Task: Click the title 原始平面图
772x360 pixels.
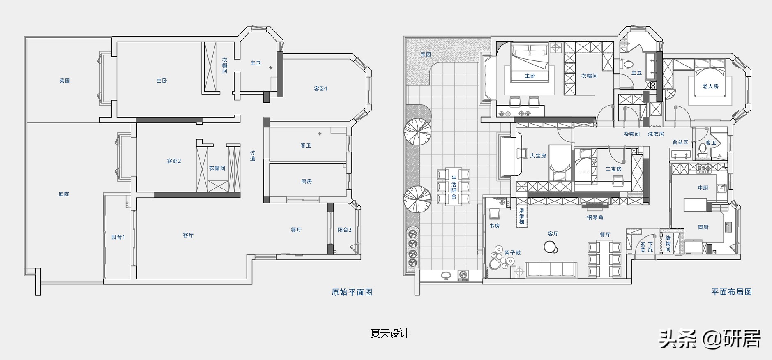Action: [x=352, y=292]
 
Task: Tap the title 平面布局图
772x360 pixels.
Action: [x=732, y=292]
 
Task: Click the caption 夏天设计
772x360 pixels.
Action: [x=390, y=333]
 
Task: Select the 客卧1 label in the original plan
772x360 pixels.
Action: [x=321, y=88]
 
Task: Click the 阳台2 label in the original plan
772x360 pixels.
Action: [x=344, y=230]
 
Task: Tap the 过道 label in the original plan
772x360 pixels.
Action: [x=253, y=156]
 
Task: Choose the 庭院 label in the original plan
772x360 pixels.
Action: [x=64, y=194]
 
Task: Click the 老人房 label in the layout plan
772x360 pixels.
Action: [x=710, y=86]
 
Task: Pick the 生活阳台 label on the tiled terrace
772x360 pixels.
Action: [x=454, y=187]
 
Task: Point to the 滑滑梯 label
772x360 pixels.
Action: [x=521, y=216]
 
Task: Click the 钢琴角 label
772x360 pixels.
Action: [x=595, y=217]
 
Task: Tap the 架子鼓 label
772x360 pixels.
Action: [x=512, y=253]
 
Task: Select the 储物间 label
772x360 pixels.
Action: [x=668, y=244]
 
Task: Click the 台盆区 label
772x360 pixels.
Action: [x=680, y=142]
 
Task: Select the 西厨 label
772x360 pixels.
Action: [x=703, y=227]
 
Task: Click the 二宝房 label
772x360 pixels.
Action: [x=613, y=169]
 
